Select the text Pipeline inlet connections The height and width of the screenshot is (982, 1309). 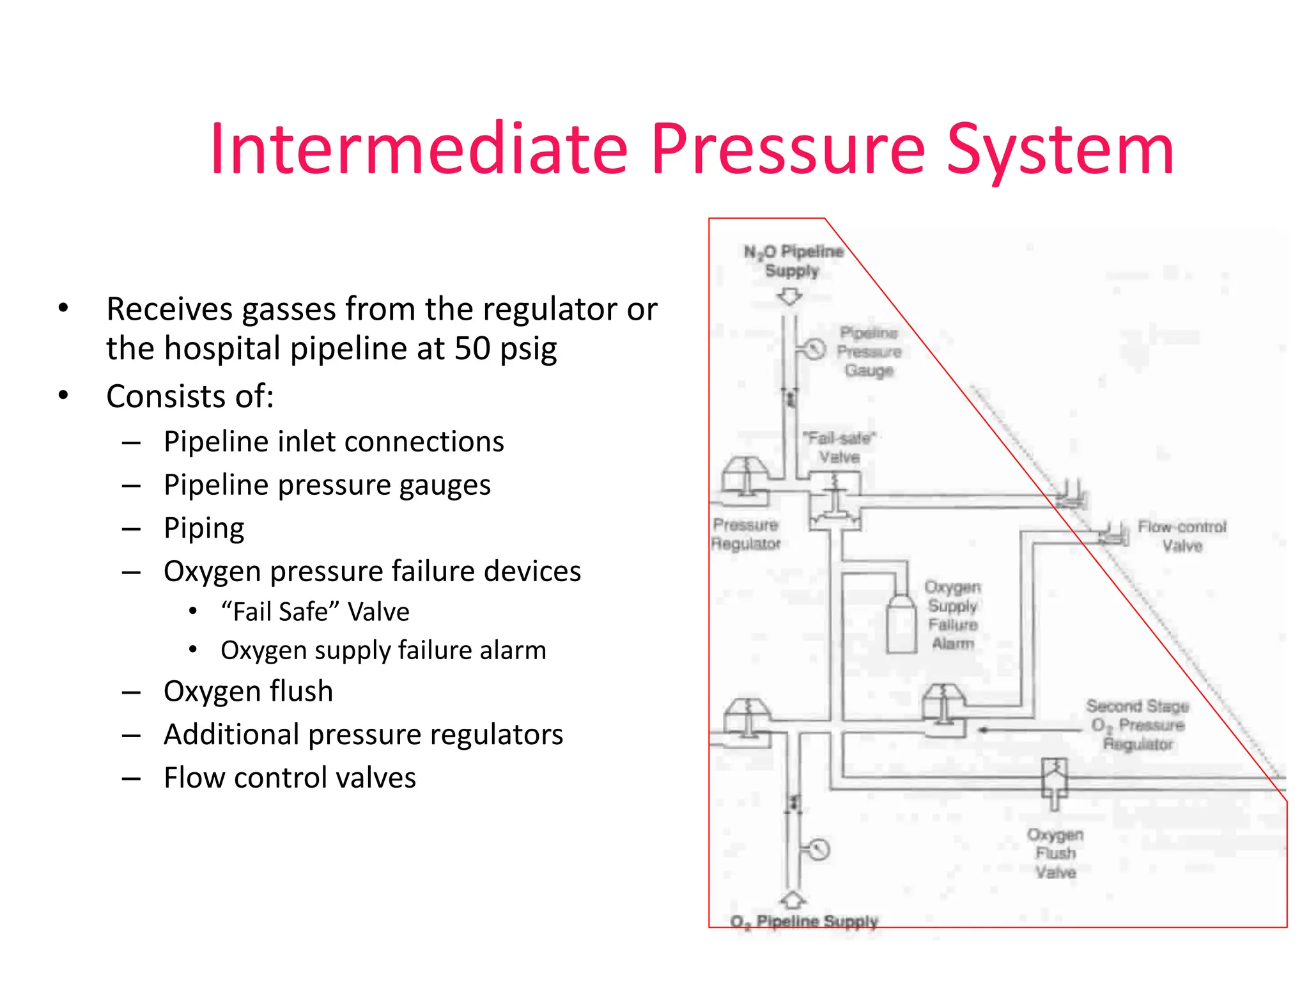(334, 442)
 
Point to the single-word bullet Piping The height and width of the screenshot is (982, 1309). (204, 528)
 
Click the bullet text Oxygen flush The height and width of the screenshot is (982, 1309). (248, 691)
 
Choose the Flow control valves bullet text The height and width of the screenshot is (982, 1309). (290, 777)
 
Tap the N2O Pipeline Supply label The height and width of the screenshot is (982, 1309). (793, 261)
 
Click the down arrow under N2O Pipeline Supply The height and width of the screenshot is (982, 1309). (790, 297)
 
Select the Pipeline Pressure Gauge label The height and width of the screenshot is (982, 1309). (869, 352)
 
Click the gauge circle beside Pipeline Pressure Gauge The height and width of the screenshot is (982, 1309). (814, 349)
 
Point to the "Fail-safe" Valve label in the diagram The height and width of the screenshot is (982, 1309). (839, 448)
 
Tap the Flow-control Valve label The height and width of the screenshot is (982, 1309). (1182, 536)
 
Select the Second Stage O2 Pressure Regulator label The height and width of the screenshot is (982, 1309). (1138, 725)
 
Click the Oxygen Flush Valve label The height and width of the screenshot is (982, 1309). (1055, 853)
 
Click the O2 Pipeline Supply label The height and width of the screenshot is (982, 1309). (804, 921)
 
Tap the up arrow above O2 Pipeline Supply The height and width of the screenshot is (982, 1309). (793, 900)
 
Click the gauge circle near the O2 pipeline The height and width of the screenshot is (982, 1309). (819, 850)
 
